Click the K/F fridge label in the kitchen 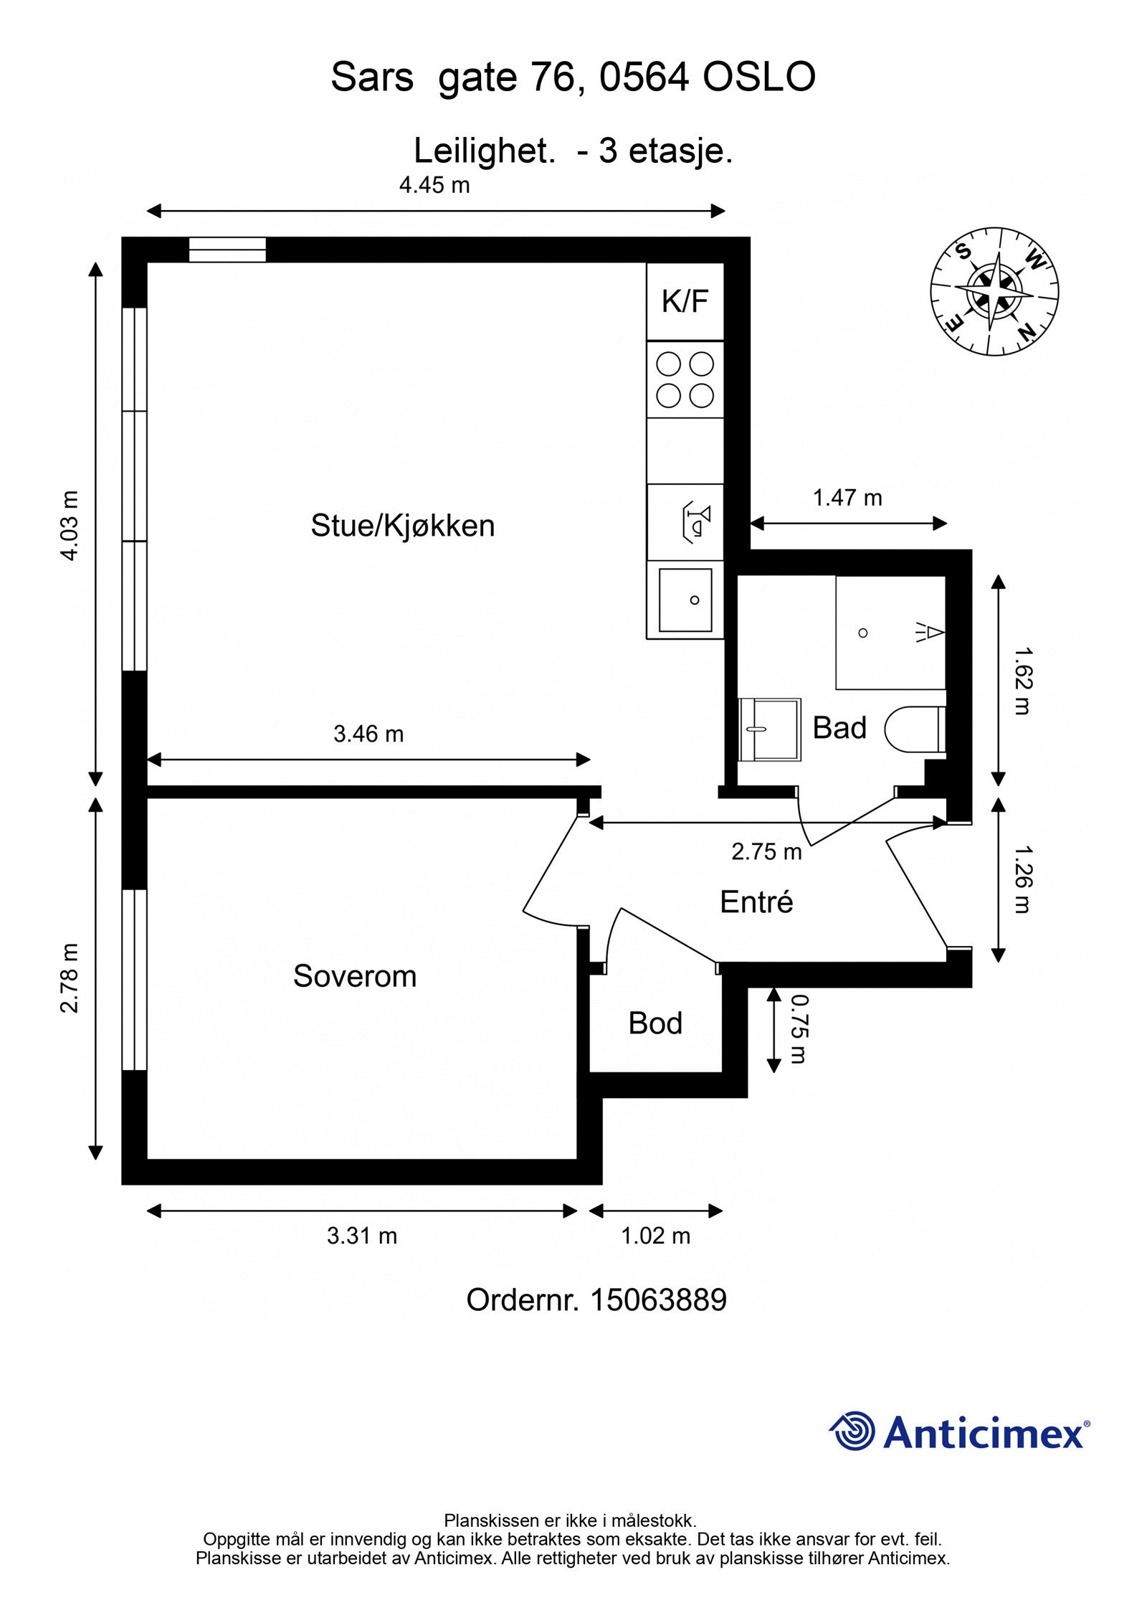pyautogui.click(x=685, y=301)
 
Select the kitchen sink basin pyautogui.click(x=685, y=600)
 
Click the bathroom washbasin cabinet pyautogui.click(x=769, y=729)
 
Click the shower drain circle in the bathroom pyautogui.click(x=863, y=633)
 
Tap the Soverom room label pyautogui.click(x=354, y=976)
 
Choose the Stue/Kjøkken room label pyautogui.click(x=402, y=526)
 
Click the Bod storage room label pyautogui.click(x=655, y=1023)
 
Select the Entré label pyautogui.click(x=756, y=902)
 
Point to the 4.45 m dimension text pyautogui.click(x=434, y=186)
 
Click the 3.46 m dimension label pyautogui.click(x=368, y=734)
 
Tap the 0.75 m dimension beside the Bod pyautogui.click(x=798, y=1028)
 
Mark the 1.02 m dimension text pyautogui.click(x=655, y=1236)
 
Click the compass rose pyautogui.click(x=994, y=292)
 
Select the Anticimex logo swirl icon pyautogui.click(x=852, y=1432)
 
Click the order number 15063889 pyautogui.click(x=657, y=1300)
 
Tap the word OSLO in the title pyautogui.click(x=758, y=77)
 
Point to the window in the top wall pyautogui.click(x=227, y=250)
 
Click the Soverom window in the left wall pyautogui.click(x=134, y=980)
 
